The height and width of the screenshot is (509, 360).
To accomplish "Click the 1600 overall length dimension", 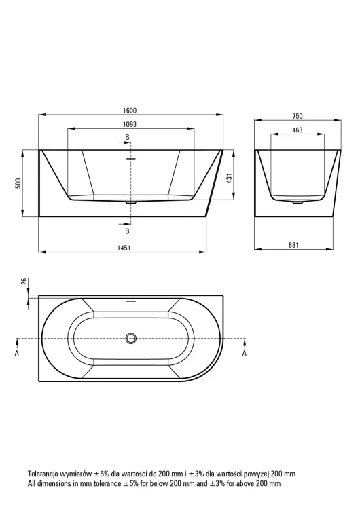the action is (x=130, y=111).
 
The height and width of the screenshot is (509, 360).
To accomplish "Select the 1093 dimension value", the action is (x=130, y=124).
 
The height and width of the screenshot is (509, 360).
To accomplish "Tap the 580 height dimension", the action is (x=19, y=183).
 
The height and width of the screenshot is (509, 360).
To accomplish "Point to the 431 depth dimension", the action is (x=229, y=178).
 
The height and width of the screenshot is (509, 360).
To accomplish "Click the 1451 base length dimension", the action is (x=124, y=248).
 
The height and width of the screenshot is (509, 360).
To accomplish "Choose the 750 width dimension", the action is (x=298, y=116).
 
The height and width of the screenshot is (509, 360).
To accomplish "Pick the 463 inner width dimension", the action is (x=298, y=130).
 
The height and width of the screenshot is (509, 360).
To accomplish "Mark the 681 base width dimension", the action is (x=293, y=246).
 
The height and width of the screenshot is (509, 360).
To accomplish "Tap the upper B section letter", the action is (x=128, y=137).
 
